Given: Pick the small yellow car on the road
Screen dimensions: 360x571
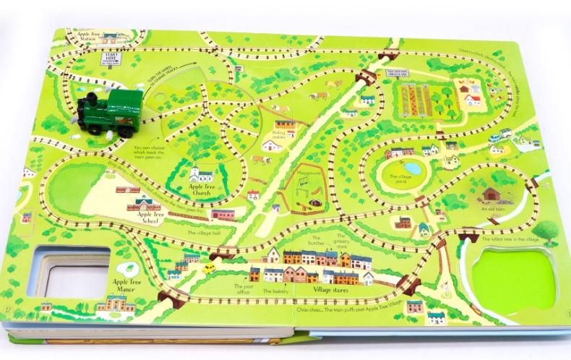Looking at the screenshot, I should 208,268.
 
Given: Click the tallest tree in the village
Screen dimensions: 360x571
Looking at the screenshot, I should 547,231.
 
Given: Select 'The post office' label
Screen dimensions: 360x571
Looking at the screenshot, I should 241,291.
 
